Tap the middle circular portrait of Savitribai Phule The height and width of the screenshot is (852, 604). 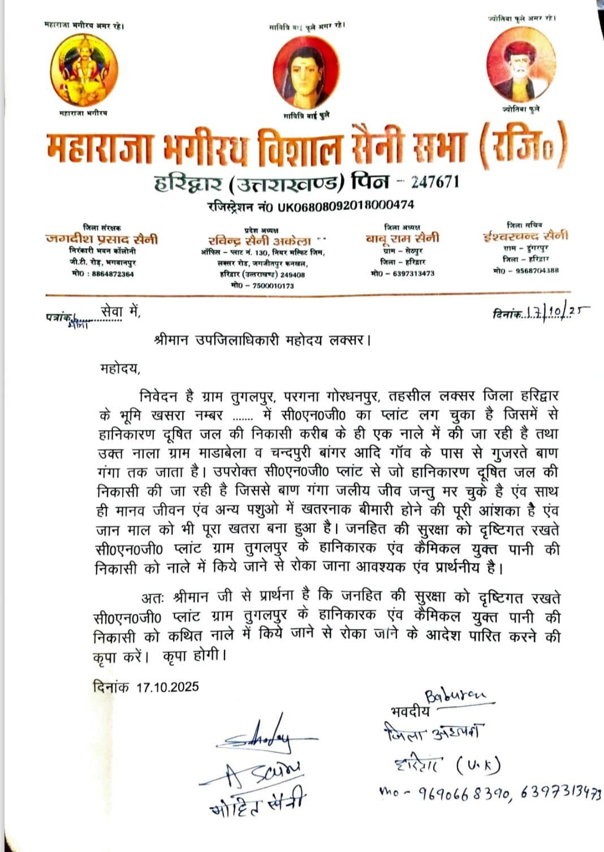307,72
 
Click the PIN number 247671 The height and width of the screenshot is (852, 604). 435,182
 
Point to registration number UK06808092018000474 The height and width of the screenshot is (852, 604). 345,205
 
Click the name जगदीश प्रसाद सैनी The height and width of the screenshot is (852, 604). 102,239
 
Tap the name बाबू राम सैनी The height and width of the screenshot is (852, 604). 403,238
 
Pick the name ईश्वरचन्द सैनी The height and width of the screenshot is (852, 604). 526,236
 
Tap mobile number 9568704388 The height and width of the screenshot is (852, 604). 533,270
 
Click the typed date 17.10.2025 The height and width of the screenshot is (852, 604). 167,687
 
